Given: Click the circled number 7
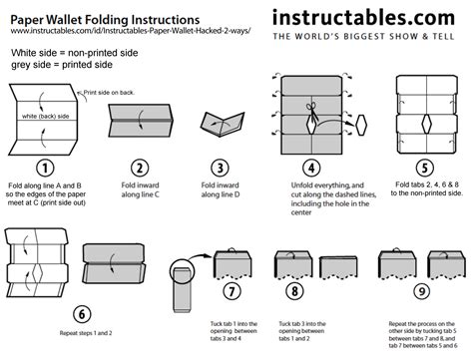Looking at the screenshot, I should pyautogui.click(x=232, y=292).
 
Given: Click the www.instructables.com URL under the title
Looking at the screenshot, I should pyautogui.click(x=130, y=31).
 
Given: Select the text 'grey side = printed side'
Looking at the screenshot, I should pyautogui.click(x=64, y=65).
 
